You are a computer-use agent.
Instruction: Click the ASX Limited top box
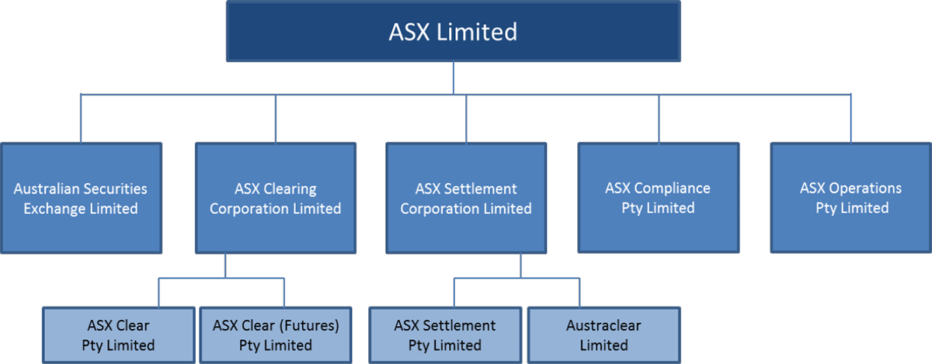point(453,32)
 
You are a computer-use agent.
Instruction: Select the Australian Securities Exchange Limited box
point(81,198)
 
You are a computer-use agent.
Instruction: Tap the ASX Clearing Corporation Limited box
point(275,198)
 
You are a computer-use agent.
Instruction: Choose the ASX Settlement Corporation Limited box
point(466,198)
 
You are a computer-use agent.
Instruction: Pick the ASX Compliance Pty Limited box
point(658,197)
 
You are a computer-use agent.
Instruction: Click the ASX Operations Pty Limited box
point(851,197)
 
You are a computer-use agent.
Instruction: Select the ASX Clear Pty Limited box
point(119,335)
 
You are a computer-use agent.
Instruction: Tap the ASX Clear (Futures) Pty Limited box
point(276,335)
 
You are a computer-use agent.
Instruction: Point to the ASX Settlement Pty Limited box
point(445,335)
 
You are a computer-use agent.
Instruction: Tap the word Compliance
point(672,188)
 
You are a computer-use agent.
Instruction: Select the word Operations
point(865,188)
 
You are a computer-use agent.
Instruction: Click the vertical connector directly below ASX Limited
point(453,78)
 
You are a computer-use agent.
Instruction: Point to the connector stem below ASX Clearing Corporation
point(225,265)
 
